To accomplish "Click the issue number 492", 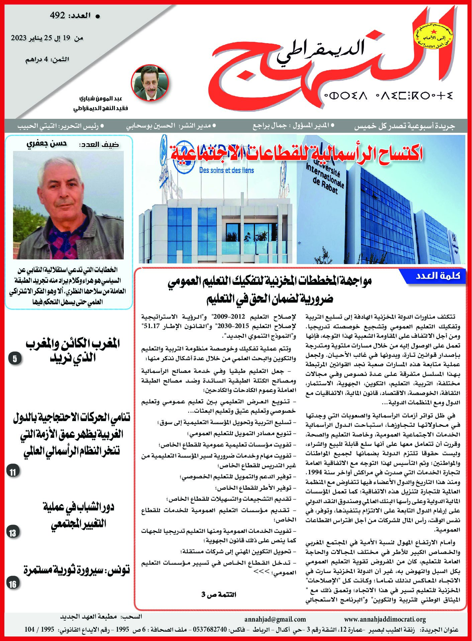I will [x=57, y=15].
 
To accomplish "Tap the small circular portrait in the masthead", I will [x=150, y=82].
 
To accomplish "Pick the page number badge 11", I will [x=13, y=472].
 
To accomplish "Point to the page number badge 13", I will [x=13, y=533].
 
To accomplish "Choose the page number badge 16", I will [x=13, y=584].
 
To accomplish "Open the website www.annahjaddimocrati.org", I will [x=385, y=619].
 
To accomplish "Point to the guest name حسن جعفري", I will [x=46, y=144].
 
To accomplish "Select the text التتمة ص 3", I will [x=219, y=594].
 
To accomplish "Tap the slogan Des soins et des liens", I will [x=226, y=170].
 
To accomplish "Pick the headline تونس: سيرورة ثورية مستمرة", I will [x=77, y=570].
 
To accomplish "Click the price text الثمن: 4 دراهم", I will [x=48, y=60].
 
